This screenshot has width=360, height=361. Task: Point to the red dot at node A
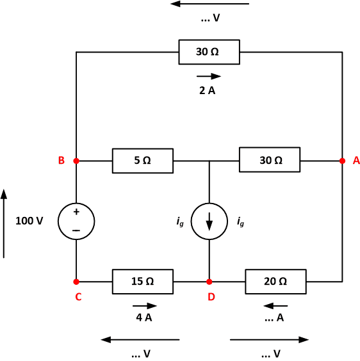(342, 161)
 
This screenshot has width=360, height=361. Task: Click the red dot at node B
(76, 161)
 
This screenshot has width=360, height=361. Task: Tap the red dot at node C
(76, 282)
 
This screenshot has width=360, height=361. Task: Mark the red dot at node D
(209, 282)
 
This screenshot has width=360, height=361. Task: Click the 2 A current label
(207, 90)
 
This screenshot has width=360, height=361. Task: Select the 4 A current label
(144, 317)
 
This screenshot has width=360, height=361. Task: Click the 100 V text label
(29, 221)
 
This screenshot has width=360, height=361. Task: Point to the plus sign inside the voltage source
(76, 212)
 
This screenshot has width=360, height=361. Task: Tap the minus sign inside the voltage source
(76, 230)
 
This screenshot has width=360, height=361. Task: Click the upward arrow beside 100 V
(4, 223)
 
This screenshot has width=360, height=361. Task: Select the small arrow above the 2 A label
(209, 76)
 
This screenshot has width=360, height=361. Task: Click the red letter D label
(211, 297)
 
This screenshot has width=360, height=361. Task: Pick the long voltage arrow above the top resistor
(209, 4)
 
